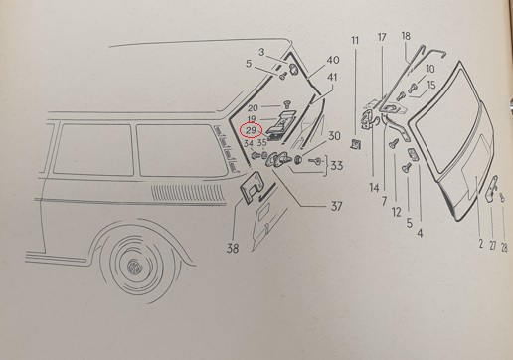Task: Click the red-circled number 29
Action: (x=251, y=130)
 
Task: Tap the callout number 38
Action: (x=233, y=248)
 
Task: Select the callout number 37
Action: (x=336, y=206)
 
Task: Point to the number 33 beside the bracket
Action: (x=336, y=165)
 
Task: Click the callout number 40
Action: (x=333, y=60)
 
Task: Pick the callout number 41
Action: (x=332, y=77)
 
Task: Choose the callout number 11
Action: (x=355, y=40)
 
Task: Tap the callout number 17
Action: (x=382, y=37)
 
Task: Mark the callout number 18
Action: (x=406, y=36)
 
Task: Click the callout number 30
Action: (x=334, y=136)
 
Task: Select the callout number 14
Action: (x=374, y=188)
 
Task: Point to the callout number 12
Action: (x=397, y=212)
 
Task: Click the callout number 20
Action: (x=253, y=108)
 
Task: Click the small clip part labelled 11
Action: (x=356, y=144)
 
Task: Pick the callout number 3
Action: (x=261, y=52)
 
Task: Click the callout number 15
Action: (x=431, y=85)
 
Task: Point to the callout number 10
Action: (x=429, y=69)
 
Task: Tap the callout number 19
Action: (x=252, y=119)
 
